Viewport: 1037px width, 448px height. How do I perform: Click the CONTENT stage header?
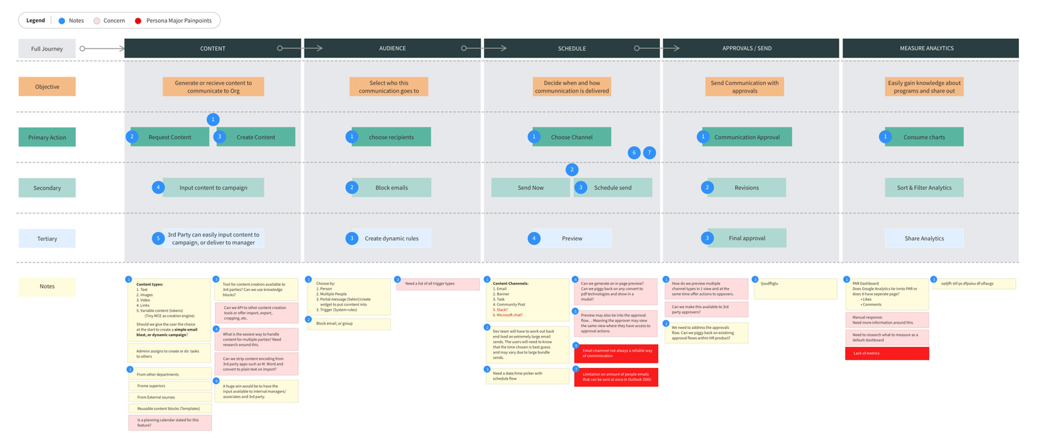pos(213,48)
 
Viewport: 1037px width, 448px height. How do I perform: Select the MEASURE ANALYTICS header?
pos(926,48)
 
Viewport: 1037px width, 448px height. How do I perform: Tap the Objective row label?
pos(47,86)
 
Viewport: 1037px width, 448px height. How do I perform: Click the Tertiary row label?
pos(47,238)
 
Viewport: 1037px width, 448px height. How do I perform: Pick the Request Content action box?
pos(170,137)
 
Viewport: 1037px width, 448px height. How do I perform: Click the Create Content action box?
pos(256,137)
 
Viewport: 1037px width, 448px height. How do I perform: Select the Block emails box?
pos(391,188)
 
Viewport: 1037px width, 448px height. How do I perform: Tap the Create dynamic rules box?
pos(391,238)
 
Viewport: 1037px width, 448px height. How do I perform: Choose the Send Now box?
pos(530,188)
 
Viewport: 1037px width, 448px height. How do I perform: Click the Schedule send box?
pos(613,188)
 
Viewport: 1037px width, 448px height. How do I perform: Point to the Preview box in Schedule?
pos(571,238)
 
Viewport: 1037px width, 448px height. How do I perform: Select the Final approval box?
pos(746,238)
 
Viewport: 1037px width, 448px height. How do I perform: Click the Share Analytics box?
pos(924,238)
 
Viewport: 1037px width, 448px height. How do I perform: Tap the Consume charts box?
pos(924,137)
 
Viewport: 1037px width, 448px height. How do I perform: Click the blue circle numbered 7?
pos(649,153)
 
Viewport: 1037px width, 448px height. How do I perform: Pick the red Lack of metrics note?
pos(886,354)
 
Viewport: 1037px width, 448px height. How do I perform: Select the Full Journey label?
pos(47,48)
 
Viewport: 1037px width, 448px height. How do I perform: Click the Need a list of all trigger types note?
pos(438,284)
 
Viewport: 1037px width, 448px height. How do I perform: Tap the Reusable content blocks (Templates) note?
pos(169,409)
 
